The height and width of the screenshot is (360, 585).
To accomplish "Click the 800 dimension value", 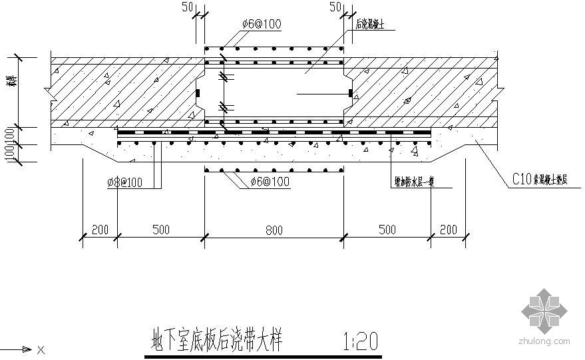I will pos(274,230).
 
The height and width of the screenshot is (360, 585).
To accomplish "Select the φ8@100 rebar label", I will pos(134,182).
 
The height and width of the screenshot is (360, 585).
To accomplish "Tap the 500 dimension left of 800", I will pos(160,230).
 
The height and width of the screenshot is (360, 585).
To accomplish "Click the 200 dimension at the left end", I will pos(100,230).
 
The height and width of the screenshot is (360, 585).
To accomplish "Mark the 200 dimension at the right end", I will pos(449,230).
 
